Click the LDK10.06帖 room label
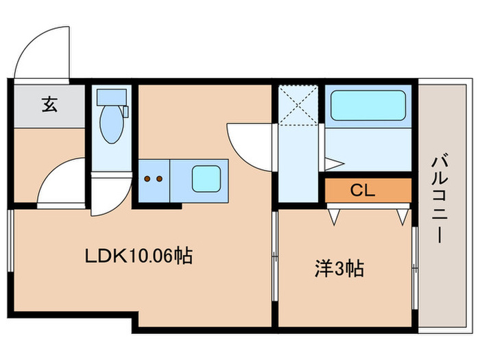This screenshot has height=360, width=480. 138,256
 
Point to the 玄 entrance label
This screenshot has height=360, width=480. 49,105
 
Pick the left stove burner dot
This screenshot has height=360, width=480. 147,179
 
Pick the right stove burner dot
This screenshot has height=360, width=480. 159,179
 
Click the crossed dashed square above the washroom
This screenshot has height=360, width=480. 299,104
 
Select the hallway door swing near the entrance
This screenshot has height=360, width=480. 62,182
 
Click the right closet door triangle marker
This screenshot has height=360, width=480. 401,217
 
